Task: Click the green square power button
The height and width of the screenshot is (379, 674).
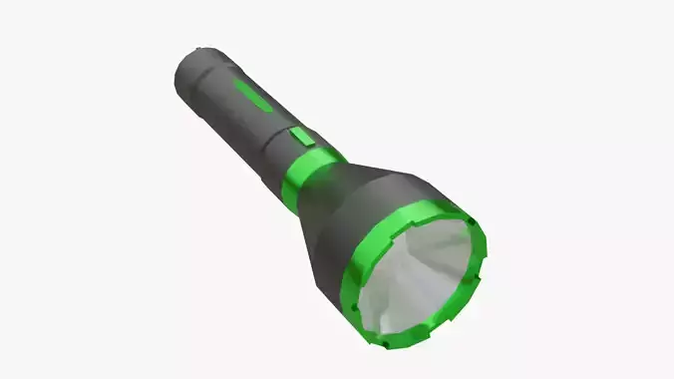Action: pyautogui.click(x=303, y=139)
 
